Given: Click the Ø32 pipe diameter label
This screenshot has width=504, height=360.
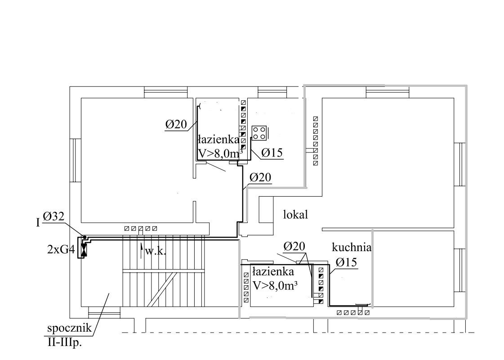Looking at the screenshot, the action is click(54, 216).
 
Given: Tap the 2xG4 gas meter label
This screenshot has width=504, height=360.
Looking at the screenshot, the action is click(61, 249).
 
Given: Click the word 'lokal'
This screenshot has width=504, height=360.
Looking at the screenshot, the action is click(295, 214).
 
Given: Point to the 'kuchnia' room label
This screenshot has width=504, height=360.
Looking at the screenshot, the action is click(351, 247).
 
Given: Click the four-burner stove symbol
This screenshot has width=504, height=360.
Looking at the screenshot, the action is click(259, 133).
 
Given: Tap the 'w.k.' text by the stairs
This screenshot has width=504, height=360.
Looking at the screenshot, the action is click(156, 252).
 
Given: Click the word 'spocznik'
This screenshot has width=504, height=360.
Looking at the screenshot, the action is click(69, 329).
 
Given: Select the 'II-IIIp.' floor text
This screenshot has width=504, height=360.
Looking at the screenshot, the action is click(65, 343).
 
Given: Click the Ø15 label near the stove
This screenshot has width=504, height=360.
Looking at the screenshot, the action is click(272, 153).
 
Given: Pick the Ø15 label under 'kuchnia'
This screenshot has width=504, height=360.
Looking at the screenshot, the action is click(346, 262).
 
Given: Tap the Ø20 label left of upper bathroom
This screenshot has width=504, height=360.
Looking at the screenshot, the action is click(176, 124).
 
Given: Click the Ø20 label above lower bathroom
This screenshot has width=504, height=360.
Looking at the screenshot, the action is click(294, 247).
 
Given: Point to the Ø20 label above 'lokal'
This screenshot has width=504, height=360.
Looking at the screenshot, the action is click(260, 177).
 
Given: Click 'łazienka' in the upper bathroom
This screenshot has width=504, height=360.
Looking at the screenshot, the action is click(218, 140).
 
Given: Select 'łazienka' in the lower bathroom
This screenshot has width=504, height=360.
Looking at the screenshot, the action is click(273, 272).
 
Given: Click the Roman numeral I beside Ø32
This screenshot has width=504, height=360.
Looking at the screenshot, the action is click(38, 222).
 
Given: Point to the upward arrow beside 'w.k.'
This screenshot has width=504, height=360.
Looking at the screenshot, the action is click(141, 251).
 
